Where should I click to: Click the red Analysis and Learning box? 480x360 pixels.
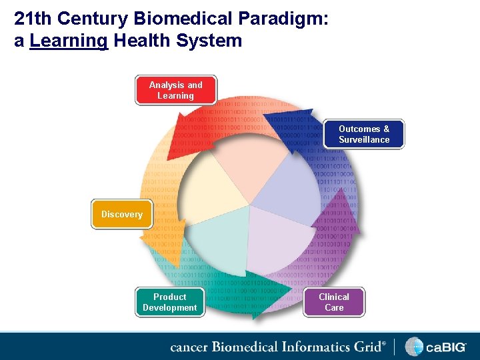tap(176, 90)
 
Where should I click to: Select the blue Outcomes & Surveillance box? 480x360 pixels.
tap(364, 134)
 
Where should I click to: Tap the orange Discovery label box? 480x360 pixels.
tap(122, 214)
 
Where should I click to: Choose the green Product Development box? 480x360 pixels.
tap(170, 302)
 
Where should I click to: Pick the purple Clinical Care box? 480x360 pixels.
tap(334, 302)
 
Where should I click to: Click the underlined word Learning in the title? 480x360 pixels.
tap(69, 41)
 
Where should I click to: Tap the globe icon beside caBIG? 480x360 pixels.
tap(414, 347)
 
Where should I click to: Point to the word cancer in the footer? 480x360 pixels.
tap(189, 347)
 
